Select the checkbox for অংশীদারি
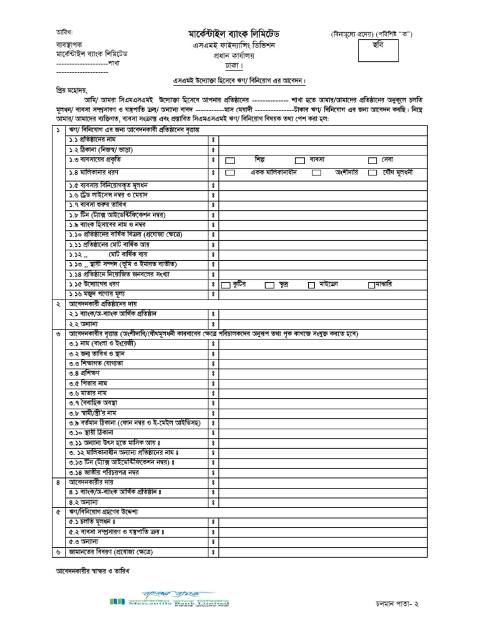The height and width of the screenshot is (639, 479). [317, 172]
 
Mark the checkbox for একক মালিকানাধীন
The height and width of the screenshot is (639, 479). [230, 172]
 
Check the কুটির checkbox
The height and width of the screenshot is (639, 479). [226, 285]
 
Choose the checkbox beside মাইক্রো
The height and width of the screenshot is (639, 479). [311, 285]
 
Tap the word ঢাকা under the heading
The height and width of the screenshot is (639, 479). [231, 66]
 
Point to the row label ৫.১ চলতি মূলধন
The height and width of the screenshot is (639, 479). [93, 521]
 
